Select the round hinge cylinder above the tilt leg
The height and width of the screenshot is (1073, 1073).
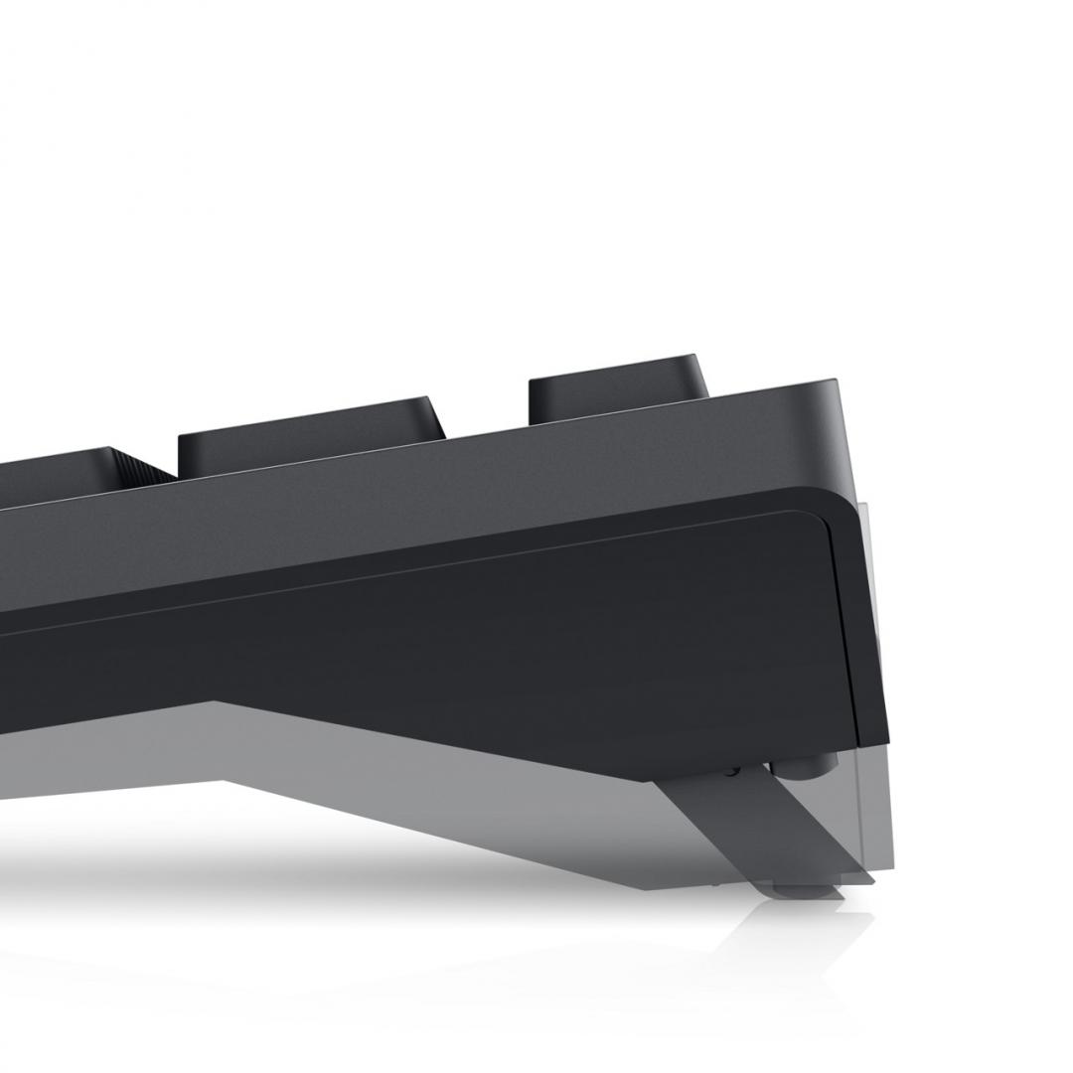(x=810, y=766)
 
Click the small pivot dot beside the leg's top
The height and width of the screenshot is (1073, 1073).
(x=732, y=768)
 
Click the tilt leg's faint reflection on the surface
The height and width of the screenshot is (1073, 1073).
(x=795, y=934)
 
